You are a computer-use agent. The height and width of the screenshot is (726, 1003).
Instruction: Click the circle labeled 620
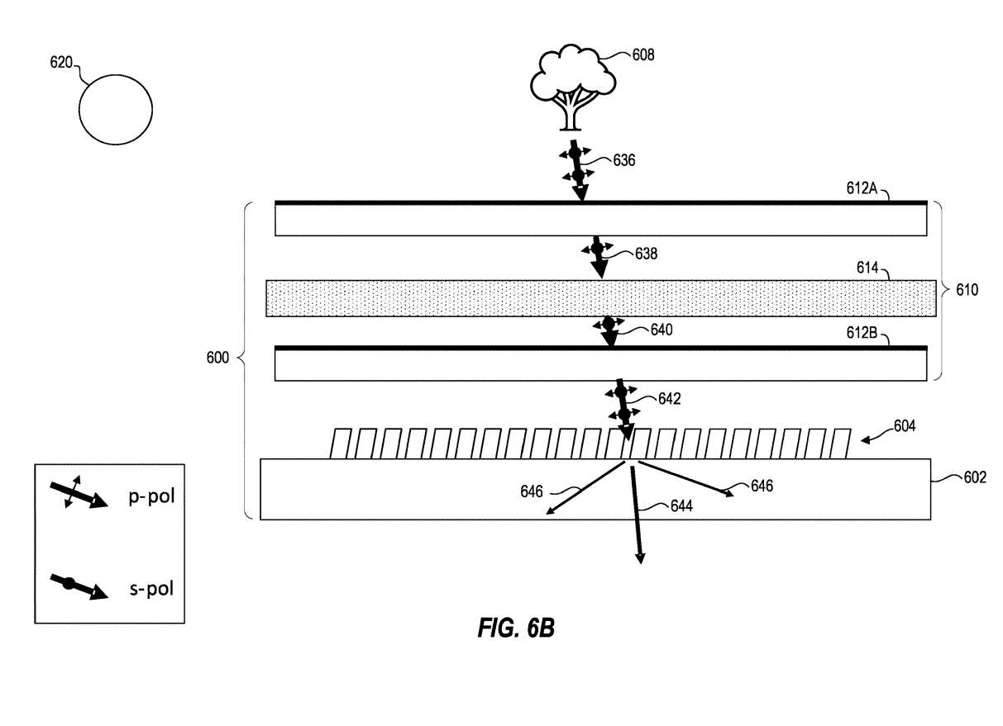click(115, 109)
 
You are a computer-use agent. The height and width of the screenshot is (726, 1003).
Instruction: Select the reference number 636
click(623, 160)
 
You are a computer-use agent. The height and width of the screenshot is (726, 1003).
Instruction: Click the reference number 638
click(646, 254)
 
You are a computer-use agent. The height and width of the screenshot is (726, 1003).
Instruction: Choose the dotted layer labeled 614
click(601, 299)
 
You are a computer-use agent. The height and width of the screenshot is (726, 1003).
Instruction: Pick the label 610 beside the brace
click(967, 290)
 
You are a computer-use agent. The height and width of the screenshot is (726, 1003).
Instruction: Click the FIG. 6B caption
click(516, 629)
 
